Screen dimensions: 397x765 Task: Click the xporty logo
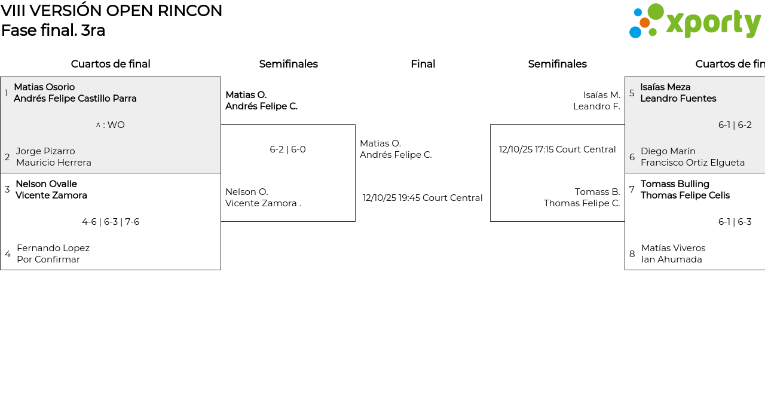pyautogui.click(x=694, y=22)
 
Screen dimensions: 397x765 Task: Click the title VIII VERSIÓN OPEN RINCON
pyautogui.click(x=112, y=11)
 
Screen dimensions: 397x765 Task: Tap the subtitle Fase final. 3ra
pyautogui.click(x=53, y=30)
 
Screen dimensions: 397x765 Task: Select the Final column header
pyautogui.click(x=423, y=64)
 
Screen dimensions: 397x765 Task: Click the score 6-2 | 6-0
pyautogui.click(x=287, y=149)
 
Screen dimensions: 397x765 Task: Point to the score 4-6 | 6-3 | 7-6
pyautogui.click(x=111, y=222)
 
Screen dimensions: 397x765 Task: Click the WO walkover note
pyautogui.click(x=111, y=125)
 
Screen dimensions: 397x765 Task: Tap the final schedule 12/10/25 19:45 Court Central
pyautogui.click(x=423, y=198)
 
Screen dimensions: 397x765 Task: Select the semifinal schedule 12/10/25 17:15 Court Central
pyautogui.click(x=557, y=149)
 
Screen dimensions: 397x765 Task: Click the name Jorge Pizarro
pyautogui.click(x=45, y=151)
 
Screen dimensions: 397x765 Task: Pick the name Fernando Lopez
pyautogui.click(x=53, y=248)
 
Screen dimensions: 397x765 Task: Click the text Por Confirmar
pyautogui.click(x=48, y=259)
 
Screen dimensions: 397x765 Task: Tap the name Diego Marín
pyautogui.click(x=668, y=151)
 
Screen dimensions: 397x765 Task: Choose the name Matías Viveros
pyautogui.click(x=673, y=248)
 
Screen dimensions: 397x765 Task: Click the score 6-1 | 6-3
pyautogui.click(x=735, y=222)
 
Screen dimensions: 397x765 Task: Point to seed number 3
pyautogui.click(x=7, y=190)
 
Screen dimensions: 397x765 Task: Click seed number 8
pyautogui.click(x=632, y=254)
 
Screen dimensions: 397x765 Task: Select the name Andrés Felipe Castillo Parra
pyautogui.click(x=75, y=99)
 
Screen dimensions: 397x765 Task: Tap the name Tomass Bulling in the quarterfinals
pyautogui.click(x=675, y=184)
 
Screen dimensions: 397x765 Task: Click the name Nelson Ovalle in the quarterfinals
pyautogui.click(x=46, y=184)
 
